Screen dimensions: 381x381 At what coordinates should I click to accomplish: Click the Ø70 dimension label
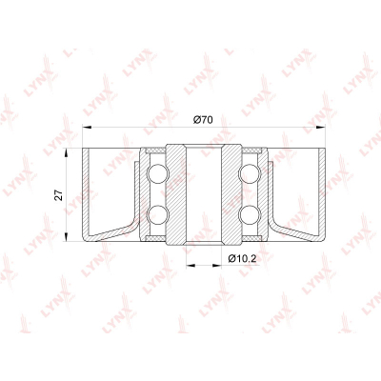coord(203,120)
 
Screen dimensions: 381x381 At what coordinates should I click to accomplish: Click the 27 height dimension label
coord(58,195)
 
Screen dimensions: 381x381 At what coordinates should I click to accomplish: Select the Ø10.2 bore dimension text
coord(242,259)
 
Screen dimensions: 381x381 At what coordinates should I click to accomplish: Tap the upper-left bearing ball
coord(157,174)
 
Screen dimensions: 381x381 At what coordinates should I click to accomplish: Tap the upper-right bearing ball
coord(250,174)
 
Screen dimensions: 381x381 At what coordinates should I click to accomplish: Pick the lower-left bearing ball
coord(157,215)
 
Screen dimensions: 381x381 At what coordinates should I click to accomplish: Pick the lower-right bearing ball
coord(250,215)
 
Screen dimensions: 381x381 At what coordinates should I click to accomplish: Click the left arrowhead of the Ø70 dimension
coord(87,128)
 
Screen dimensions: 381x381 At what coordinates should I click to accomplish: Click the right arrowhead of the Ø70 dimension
coord(321,128)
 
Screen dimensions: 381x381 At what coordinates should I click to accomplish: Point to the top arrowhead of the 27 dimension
coord(67,153)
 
